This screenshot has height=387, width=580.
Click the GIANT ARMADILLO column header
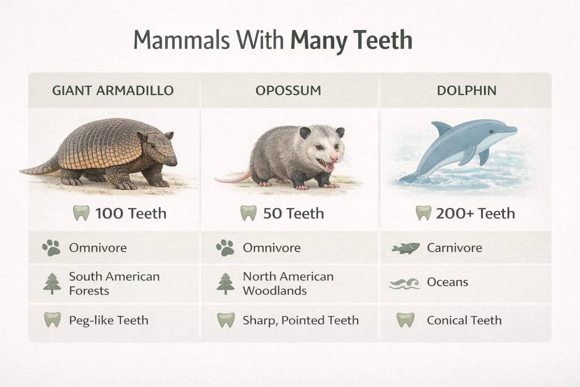click(113, 91)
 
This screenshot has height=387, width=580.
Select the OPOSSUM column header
click(288, 91)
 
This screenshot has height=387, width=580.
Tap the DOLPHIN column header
click(466, 91)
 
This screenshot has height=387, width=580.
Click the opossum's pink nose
click(333, 158)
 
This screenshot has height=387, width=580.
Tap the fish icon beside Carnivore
click(406, 248)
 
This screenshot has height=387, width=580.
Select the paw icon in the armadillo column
click(51, 248)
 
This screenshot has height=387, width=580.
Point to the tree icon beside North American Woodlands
click(225, 283)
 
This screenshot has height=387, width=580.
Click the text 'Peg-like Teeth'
click(108, 320)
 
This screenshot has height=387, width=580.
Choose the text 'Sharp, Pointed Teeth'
click(301, 320)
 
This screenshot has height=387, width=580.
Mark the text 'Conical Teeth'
click(464, 320)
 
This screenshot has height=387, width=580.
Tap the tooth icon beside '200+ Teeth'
click(423, 214)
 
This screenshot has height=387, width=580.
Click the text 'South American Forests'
click(114, 283)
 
